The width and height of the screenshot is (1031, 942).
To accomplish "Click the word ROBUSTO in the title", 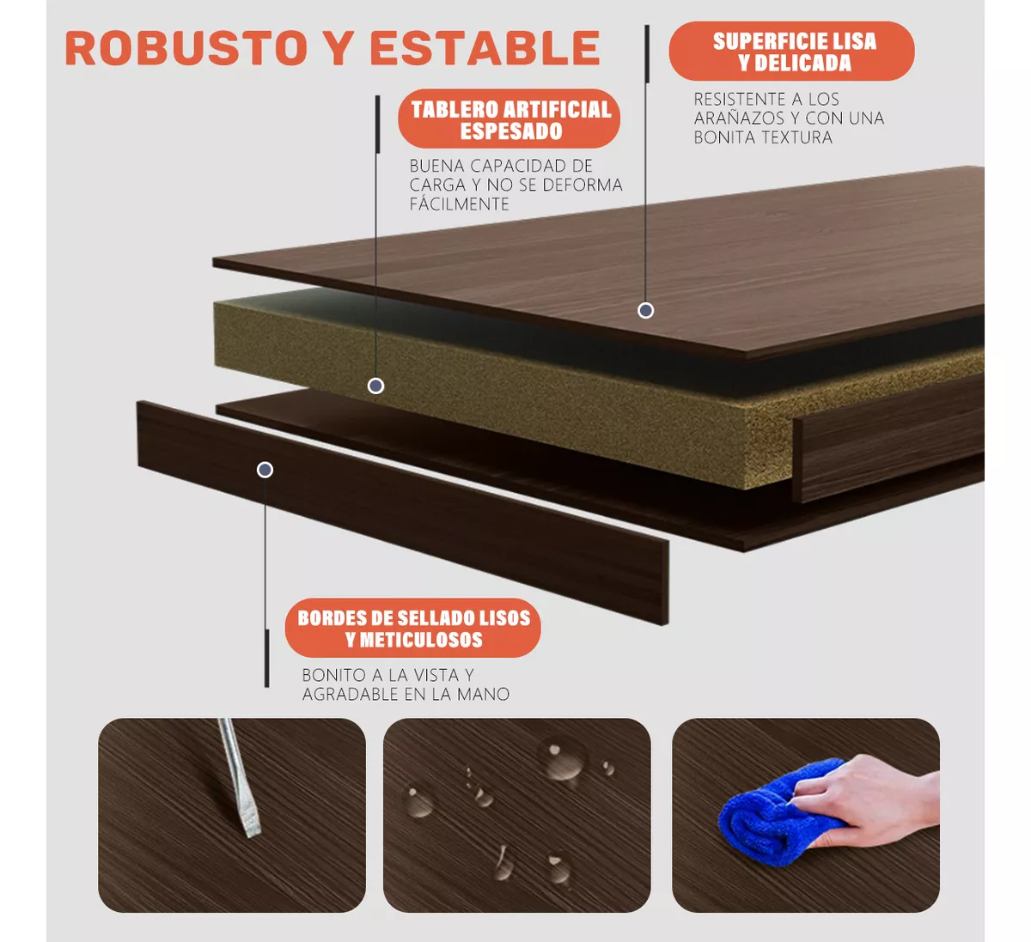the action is [x=186, y=48].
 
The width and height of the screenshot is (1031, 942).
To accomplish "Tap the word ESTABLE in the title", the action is [x=485, y=48].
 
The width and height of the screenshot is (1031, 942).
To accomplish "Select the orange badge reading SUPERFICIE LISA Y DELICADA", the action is [x=791, y=51].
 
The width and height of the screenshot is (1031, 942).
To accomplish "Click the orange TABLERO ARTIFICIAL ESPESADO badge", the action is [x=509, y=119].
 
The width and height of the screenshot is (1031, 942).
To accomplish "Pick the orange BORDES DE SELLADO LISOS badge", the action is [x=412, y=628].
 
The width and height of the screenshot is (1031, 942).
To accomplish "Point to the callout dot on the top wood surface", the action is [x=645, y=310].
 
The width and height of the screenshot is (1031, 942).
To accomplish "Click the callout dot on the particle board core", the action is [x=375, y=386].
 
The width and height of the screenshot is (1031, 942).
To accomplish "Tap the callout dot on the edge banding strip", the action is [x=265, y=470].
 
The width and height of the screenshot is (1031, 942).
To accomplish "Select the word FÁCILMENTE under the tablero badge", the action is [x=459, y=204].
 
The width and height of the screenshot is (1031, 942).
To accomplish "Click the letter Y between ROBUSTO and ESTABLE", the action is [x=339, y=48].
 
